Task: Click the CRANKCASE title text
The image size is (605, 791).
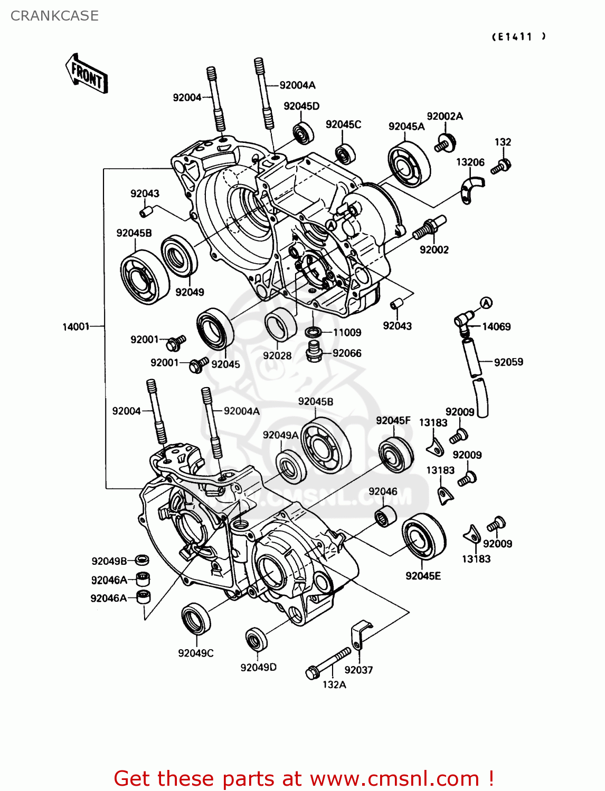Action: click(x=54, y=16)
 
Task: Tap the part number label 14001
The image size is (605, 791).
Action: click(x=76, y=327)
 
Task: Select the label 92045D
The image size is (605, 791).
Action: click(x=301, y=106)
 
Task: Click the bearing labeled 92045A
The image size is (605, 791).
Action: click(x=409, y=164)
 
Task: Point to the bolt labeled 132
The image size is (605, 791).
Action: click(x=500, y=167)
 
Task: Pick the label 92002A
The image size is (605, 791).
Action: click(x=445, y=117)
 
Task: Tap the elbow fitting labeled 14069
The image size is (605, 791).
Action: click(x=463, y=321)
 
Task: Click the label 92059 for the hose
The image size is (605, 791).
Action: click(x=508, y=362)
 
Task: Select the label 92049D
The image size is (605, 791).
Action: click(x=258, y=668)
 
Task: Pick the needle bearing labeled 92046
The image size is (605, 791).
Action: click(x=385, y=517)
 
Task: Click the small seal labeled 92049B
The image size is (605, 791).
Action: click(x=141, y=560)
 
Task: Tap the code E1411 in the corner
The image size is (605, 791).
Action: click(x=518, y=36)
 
